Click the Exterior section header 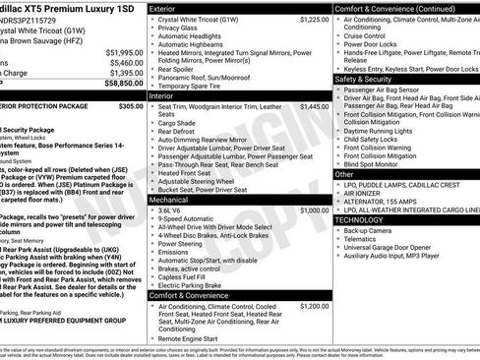coord(167,9)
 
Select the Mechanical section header coord(172,200)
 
